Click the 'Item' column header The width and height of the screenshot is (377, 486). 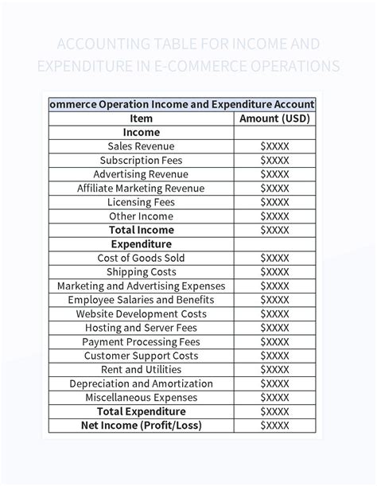coord(141,119)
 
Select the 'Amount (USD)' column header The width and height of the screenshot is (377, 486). coord(274,119)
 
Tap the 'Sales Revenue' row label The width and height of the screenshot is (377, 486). coord(141,146)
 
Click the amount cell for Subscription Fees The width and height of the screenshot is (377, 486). coord(274,161)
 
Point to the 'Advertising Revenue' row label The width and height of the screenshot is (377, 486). coord(141,174)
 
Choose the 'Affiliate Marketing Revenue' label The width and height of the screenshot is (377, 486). coord(141,189)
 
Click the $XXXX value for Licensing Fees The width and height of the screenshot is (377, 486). coord(274,202)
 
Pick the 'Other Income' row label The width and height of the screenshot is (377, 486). coord(141,216)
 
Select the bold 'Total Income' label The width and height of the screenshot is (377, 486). coord(141,230)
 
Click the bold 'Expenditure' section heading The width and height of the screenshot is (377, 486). coord(141,244)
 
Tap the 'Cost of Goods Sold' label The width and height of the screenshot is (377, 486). coord(141,258)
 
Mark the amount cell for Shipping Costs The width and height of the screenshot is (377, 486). coord(274,272)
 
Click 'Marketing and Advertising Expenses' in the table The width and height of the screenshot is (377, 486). coord(141,286)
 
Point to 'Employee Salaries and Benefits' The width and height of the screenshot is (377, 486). coord(141,300)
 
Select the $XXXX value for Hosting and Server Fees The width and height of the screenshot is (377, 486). coord(274,328)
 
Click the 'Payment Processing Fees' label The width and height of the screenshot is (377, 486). coord(141,342)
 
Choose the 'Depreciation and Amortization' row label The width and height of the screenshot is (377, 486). coord(141,383)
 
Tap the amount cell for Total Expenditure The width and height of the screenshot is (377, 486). coord(274,411)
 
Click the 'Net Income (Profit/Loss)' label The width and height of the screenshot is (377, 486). coord(141,426)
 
